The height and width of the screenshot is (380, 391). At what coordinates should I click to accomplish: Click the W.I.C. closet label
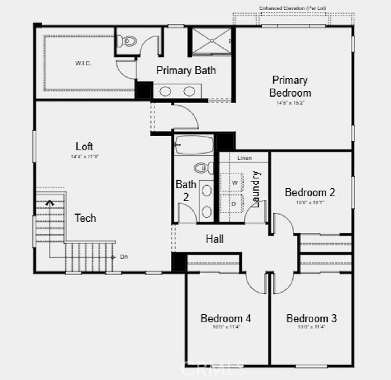(83, 63)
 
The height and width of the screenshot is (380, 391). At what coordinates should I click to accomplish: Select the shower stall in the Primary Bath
(211, 41)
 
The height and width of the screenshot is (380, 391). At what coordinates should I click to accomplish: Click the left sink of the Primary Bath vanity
(165, 91)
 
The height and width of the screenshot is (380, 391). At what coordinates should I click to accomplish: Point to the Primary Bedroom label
(290, 86)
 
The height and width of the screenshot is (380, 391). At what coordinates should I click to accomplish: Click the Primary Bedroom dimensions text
(290, 103)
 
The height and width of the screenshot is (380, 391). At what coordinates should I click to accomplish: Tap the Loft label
(84, 147)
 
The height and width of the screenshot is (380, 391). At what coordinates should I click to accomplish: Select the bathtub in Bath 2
(194, 145)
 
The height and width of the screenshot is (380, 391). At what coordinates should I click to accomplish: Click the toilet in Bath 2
(204, 167)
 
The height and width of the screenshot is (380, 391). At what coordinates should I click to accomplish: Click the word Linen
(244, 158)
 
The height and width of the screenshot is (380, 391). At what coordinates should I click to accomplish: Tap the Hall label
(215, 239)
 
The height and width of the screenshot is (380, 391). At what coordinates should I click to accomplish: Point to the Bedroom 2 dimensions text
(310, 202)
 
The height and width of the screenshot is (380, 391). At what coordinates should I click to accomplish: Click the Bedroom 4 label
(226, 318)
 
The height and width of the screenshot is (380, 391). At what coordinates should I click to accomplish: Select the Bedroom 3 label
(311, 318)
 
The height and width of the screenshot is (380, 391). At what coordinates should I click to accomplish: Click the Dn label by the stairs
(124, 257)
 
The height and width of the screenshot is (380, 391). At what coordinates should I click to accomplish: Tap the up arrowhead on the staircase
(50, 203)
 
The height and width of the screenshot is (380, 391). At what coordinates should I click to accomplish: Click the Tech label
(85, 218)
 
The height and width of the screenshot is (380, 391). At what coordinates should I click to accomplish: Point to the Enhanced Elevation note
(293, 8)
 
